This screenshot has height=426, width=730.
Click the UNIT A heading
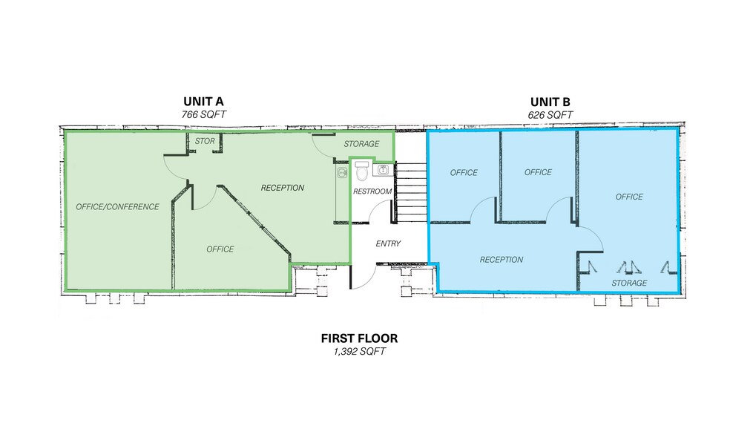click(203, 102)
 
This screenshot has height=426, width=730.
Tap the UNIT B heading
click(550, 102)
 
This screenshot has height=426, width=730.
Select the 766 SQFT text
click(204, 114)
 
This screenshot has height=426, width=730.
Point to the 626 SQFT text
click(550, 115)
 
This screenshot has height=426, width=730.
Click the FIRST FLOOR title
click(359, 338)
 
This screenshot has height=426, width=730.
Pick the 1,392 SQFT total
click(359, 352)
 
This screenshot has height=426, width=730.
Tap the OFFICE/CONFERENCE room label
click(117, 207)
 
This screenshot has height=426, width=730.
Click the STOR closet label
click(205, 141)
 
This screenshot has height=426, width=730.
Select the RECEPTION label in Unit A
click(282, 188)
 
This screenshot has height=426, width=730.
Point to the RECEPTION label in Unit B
click(502, 259)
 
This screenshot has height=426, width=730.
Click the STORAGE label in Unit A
click(361, 144)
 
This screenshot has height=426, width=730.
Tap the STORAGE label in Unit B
click(629, 283)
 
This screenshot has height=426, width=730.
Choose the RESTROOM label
click(372, 191)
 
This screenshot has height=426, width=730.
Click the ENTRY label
click(388, 243)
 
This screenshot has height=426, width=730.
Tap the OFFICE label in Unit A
click(220, 249)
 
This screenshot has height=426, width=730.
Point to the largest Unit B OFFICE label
click(629, 197)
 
